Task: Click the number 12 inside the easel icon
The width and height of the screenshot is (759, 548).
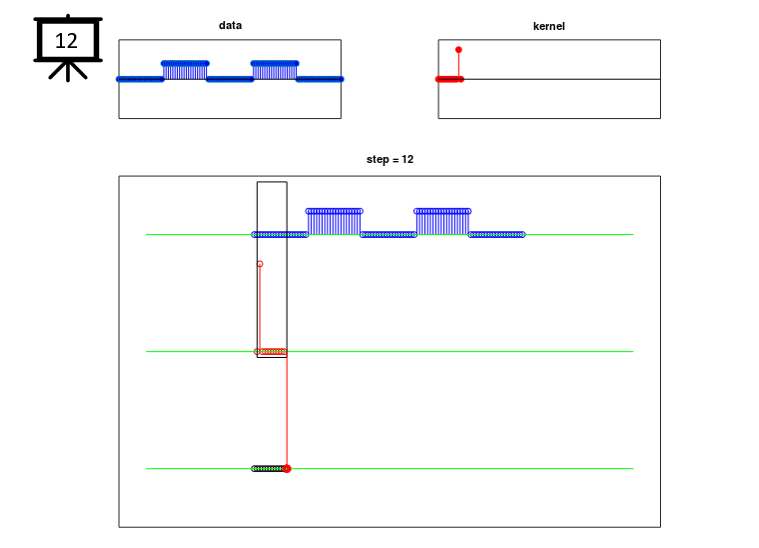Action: (x=66, y=41)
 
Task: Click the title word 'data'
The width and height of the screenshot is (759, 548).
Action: (x=230, y=25)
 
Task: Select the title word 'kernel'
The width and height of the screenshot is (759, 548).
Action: (x=549, y=26)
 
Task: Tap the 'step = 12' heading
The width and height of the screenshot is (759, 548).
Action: (x=390, y=159)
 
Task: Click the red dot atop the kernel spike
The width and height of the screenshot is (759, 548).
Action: (x=458, y=50)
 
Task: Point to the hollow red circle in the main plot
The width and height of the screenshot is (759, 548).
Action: (x=260, y=264)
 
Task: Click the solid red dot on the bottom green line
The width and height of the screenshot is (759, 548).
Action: (x=287, y=469)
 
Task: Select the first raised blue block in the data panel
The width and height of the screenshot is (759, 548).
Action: (x=185, y=71)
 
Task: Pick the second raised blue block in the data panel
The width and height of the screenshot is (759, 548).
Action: (x=274, y=71)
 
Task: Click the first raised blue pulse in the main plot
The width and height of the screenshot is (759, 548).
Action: (x=334, y=222)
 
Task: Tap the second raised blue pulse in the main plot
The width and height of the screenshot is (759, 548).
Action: (x=442, y=222)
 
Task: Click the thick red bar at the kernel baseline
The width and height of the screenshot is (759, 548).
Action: (x=450, y=79)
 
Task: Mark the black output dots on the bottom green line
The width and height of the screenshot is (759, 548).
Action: (x=268, y=469)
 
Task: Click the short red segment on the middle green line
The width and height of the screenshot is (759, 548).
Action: (x=272, y=351)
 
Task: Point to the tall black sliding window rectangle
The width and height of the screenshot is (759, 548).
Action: (x=257, y=269)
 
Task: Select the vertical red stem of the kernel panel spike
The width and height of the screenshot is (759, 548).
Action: (x=459, y=65)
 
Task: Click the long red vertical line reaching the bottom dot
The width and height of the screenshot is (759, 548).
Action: (x=287, y=410)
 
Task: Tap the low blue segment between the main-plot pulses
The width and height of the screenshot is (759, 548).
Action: (x=388, y=235)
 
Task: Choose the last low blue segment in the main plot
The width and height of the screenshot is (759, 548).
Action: (x=497, y=235)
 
